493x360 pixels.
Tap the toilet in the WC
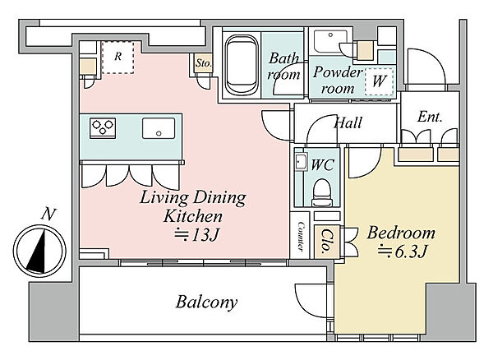(321, 192)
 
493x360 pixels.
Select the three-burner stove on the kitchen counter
(103, 128)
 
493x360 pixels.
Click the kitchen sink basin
(159, 128)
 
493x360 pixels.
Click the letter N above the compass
(48, 214)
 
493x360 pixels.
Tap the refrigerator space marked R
(117, 57)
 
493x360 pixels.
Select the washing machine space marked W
(379, 81)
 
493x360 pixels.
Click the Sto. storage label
(203, 63)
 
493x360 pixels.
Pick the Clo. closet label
(327, 242)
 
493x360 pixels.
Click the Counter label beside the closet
(301, 237)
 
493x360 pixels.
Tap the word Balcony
(206, 302)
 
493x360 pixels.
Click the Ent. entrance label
(430, 117)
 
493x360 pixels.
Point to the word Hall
(348, 122)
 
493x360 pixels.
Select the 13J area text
(197, 234)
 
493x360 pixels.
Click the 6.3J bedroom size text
(403, 251)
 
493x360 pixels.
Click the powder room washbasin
(330, 41)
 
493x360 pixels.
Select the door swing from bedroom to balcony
(311, 300)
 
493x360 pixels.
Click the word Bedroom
(401, 233)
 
